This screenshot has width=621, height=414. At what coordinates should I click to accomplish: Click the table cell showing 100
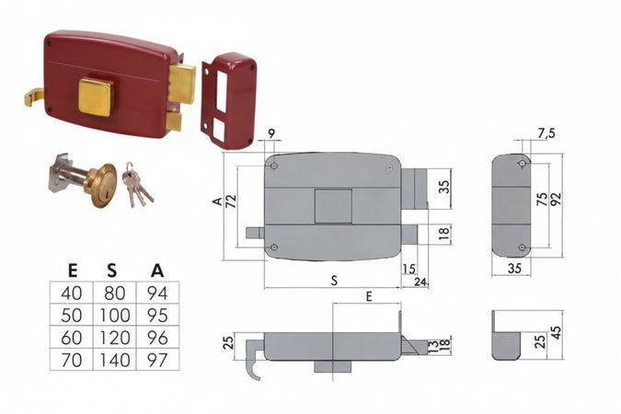(114, 315)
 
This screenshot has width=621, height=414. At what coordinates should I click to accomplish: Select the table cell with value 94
(157, 293)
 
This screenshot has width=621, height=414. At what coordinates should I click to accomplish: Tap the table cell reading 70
(71, 360)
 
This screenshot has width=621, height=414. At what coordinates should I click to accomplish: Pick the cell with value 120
(114, 338)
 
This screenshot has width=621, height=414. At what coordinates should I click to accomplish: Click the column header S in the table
(112, 270)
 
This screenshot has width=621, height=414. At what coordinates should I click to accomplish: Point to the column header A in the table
(157, 270)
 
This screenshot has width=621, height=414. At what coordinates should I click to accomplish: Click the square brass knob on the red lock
(97, 97)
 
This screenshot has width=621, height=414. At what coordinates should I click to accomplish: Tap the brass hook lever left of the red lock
(34, 98)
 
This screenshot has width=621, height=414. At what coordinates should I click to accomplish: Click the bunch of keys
(137, 185)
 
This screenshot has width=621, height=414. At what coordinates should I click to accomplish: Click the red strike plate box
(228, 101)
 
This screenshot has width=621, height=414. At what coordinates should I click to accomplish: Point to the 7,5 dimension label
(546, 133)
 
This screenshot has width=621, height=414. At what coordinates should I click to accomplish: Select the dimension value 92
(556, 200)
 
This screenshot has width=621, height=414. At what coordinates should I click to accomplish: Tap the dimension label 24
(420, 282)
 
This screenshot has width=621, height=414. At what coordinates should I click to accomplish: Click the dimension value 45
(557, 333)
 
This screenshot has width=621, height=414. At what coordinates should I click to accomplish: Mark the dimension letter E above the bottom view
(369, 296)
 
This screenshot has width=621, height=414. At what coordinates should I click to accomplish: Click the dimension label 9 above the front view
(271, 133)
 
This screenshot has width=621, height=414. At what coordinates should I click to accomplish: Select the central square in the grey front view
(333, 206)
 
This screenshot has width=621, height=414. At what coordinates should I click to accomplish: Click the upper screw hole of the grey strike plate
(523, 164)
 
